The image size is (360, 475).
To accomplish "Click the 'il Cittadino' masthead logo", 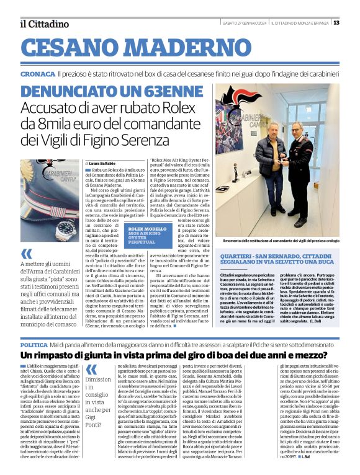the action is tap(44, 24).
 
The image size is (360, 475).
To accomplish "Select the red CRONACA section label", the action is tap(37, 73).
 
